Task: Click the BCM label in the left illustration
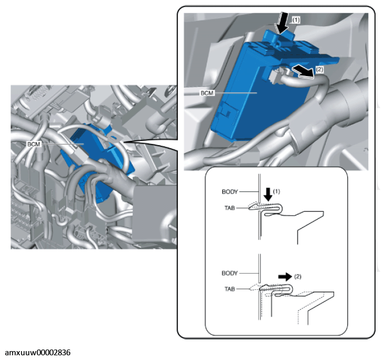tap(34, 144)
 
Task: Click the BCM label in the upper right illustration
tap(207, 93)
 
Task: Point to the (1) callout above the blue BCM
tap(296, 20)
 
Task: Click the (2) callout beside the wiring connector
tap(319, 69)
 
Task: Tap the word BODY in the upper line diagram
tap(230, 192)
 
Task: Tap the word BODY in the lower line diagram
tap(230, 273)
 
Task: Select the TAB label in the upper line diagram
tap(230, 208)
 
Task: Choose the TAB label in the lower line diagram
tap(230, 289)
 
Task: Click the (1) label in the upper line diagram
tap(276, 191)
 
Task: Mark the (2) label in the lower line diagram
tap(297, 277)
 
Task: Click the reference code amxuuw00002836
tap(38, 353)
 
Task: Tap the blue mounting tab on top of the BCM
tap(279, 37)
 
